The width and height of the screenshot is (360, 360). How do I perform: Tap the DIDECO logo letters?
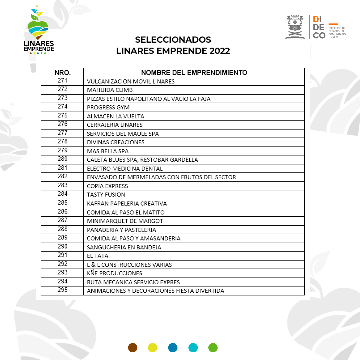tap(319, 27)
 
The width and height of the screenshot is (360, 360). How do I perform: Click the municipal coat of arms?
tap(295, 27)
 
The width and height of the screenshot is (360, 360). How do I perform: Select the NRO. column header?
tap(62, 73)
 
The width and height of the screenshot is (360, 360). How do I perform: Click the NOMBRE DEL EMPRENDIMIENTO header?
tap(194, 73)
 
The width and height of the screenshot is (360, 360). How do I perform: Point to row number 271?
tap(62, 81)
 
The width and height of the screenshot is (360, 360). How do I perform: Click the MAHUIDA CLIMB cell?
tap(110, 90)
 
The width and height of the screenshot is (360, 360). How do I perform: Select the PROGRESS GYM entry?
tap(108, 107)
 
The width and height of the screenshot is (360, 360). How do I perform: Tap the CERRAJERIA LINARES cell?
tap(114, 125)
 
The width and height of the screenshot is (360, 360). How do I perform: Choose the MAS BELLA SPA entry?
tap(107, 151)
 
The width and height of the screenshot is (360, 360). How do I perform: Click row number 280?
tap(62, 159)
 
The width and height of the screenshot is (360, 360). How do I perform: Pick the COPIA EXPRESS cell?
tap(107, 186)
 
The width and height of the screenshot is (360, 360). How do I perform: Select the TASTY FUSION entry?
tap(106, 195)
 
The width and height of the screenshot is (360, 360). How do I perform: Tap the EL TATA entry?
tap(98, 256)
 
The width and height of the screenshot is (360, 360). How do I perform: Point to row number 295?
tap(62, 290)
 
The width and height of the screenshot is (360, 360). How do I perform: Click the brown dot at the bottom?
tap(133, 348)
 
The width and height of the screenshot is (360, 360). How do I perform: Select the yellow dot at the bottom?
tap(153, 348)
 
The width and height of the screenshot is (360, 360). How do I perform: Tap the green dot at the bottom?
tap(213, 348)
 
